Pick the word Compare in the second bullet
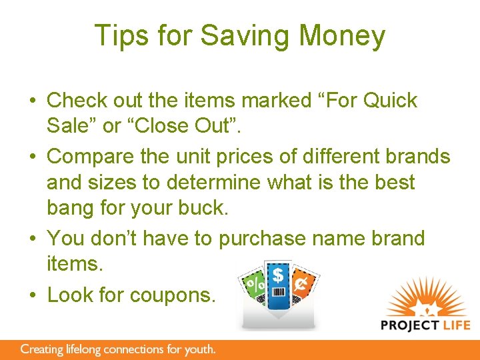point(87,156)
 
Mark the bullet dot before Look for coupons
point(32,294)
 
